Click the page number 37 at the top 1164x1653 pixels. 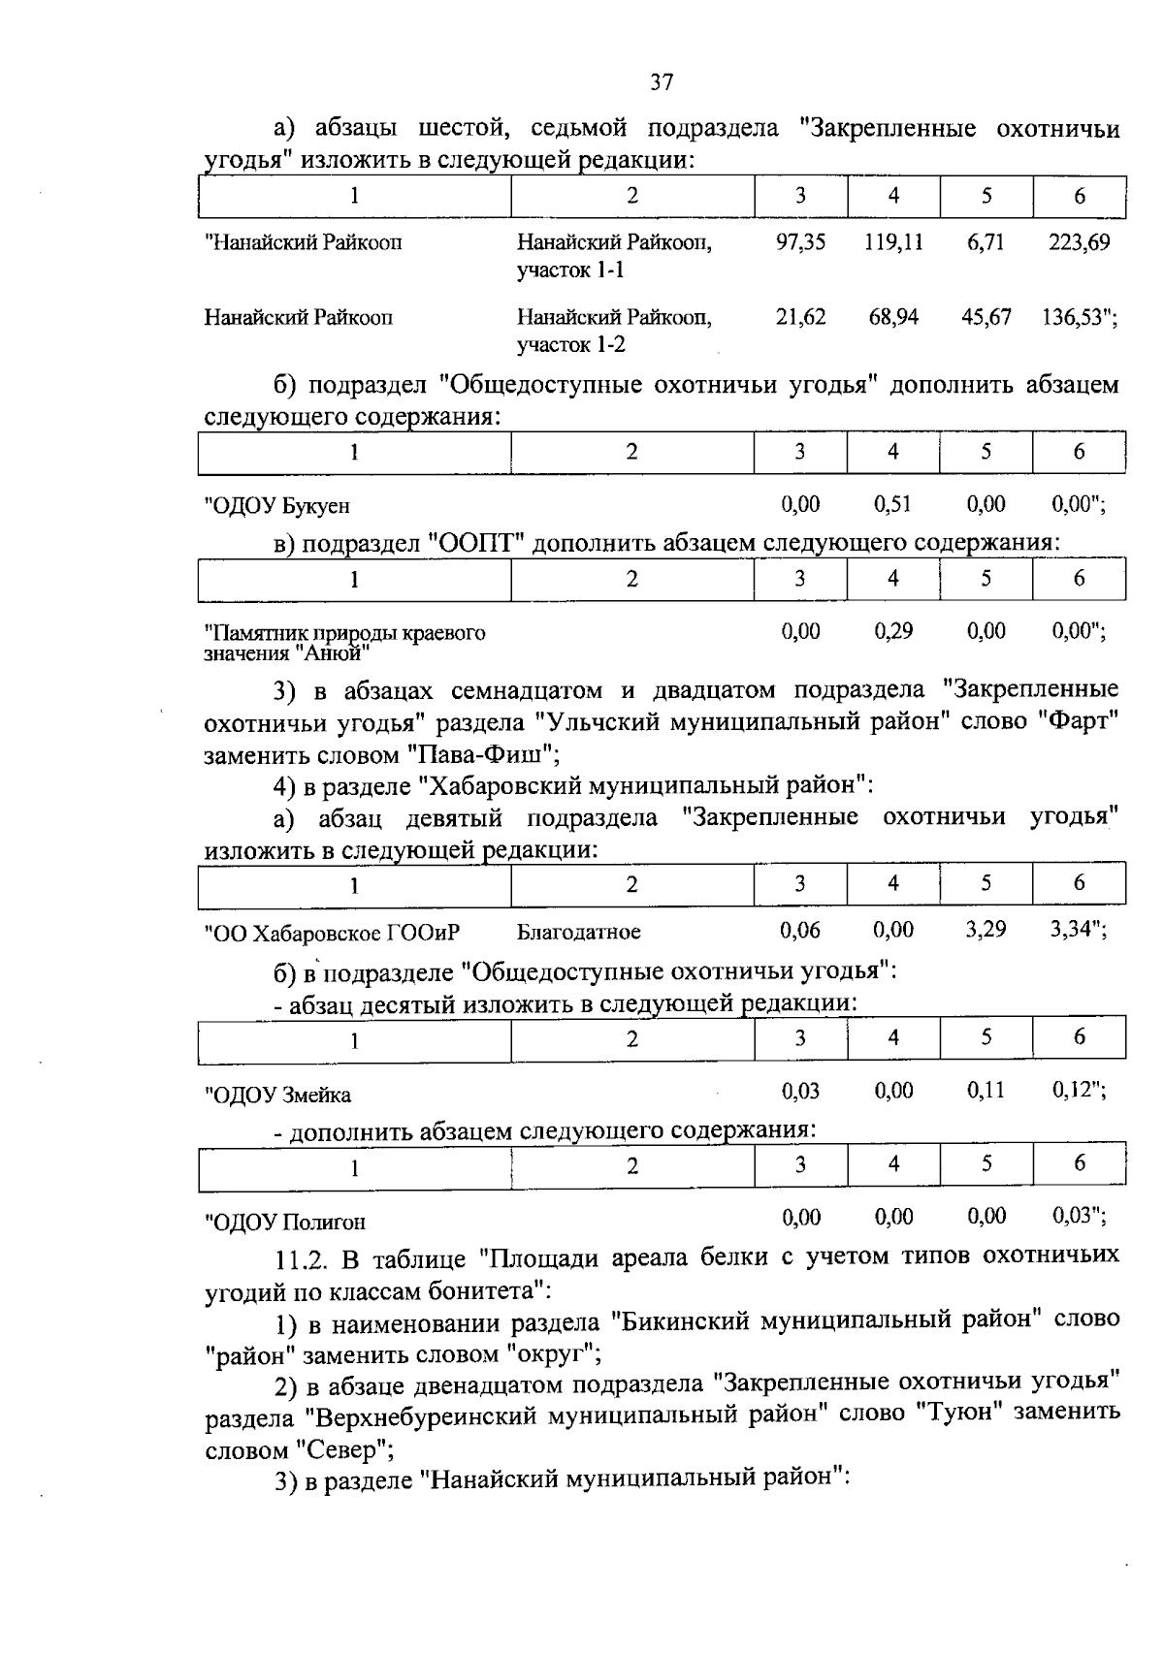[x=661, y=82]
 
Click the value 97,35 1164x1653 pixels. [x=800, y=241]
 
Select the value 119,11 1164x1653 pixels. [x=893, y=241]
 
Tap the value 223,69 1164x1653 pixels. [x=1079, y=241]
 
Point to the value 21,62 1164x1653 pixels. [x=800, y=317]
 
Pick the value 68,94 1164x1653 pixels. [x=893, y=317]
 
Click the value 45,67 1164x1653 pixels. [x=986, y=317]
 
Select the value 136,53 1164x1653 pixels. [x=1075, y=317]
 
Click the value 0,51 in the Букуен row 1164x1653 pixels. [x=892, y=504]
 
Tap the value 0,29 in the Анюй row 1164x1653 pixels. [x=892, y=631]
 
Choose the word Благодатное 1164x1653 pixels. [x=578, y=933]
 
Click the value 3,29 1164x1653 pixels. [x=986, y=930]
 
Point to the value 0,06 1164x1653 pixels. [x=800, y=931]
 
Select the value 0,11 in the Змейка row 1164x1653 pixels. [x=986, y=1091]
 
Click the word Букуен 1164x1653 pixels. [x=316, y=506]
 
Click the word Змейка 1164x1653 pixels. [x=317, y=1096]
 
